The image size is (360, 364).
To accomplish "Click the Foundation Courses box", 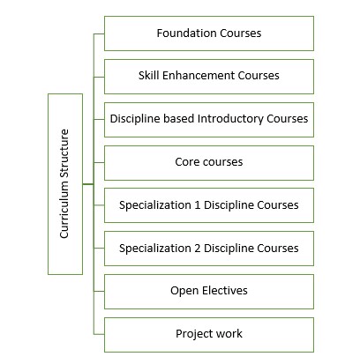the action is pyautogui.click(x=209, y=33).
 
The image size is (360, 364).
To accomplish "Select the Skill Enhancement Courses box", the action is pyautogui.click(x=209, y=77).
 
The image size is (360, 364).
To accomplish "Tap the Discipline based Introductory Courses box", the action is pyautogui.click(x=209, y=120).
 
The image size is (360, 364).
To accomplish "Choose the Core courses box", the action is pyautogui.click(x=209, y=163).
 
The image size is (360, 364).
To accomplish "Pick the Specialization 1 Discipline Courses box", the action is pyautogui.click(x=209, y=205).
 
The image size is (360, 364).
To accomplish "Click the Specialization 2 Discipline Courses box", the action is pyautogui.click(x=209, y=249).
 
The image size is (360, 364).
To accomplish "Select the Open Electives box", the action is pyautogui.click(x=209, y=292).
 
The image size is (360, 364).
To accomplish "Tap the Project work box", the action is pyautogui.click(x=209, y=335).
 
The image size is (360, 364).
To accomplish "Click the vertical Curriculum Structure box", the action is pyautogui.click(x=65, y=184).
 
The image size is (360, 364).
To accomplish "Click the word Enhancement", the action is pyautogui.click(x=199, y=76).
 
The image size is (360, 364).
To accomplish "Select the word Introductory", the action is pyautogui.click(x=230, y=119).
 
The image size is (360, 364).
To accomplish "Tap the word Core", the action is pyautogui.click(x=187, y=162).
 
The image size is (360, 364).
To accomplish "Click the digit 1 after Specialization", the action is pyautogui.click(x=197, y=205).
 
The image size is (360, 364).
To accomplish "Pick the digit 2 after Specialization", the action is pyautogui.click(x=197, y=249).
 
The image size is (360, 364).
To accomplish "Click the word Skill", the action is pyautogui.click(x=149, y=76).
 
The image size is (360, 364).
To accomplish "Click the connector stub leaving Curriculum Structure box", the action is pyautogui.click(x=88, y=184).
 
